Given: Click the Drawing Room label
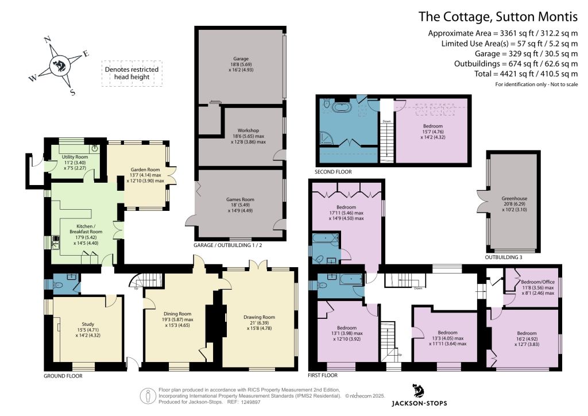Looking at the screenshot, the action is pos(259,317).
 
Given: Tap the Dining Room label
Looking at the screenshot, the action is pos(177,314).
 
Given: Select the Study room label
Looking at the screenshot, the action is pos(88,324).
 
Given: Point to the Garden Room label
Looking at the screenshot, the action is pos(145,170).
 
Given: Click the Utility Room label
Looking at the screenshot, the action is pos(75,157).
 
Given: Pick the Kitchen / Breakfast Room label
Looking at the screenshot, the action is pos(86,229).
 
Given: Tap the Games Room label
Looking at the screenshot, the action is pos(240,199).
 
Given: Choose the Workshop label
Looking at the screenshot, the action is pos(248,130).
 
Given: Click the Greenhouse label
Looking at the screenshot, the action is pos(514,198).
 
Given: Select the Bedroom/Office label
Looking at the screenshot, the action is pos(537,282).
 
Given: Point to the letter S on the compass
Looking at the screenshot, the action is pos(72,92).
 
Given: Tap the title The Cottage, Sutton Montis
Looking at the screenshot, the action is pos(498,17).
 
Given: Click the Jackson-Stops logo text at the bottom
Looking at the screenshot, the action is pos(419,403).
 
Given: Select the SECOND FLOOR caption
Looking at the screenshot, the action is pos(334,172).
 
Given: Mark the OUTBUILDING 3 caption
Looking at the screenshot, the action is pos(503,257).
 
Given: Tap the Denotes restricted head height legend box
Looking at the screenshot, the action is pos(132,74).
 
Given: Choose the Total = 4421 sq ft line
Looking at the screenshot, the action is pos(526,74).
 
